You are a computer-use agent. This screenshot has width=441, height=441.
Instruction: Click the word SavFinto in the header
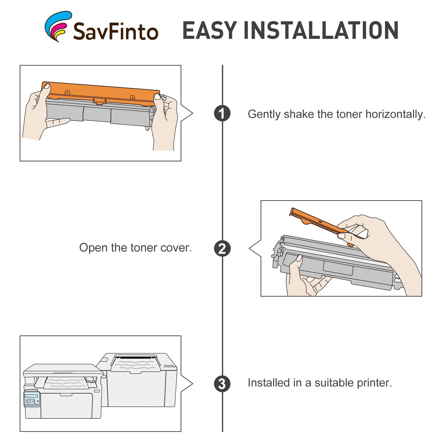116,31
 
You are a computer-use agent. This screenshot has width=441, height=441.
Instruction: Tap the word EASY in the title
210,30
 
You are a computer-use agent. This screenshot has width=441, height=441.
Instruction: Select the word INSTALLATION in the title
321,30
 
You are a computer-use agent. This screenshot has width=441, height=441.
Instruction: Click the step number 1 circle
222,113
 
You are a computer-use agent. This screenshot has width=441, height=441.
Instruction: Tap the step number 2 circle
222,248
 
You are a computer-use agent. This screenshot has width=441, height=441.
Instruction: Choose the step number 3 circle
222,384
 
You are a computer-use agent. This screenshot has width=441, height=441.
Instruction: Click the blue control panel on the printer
32,399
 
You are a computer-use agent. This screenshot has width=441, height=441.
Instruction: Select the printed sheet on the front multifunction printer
66,383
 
